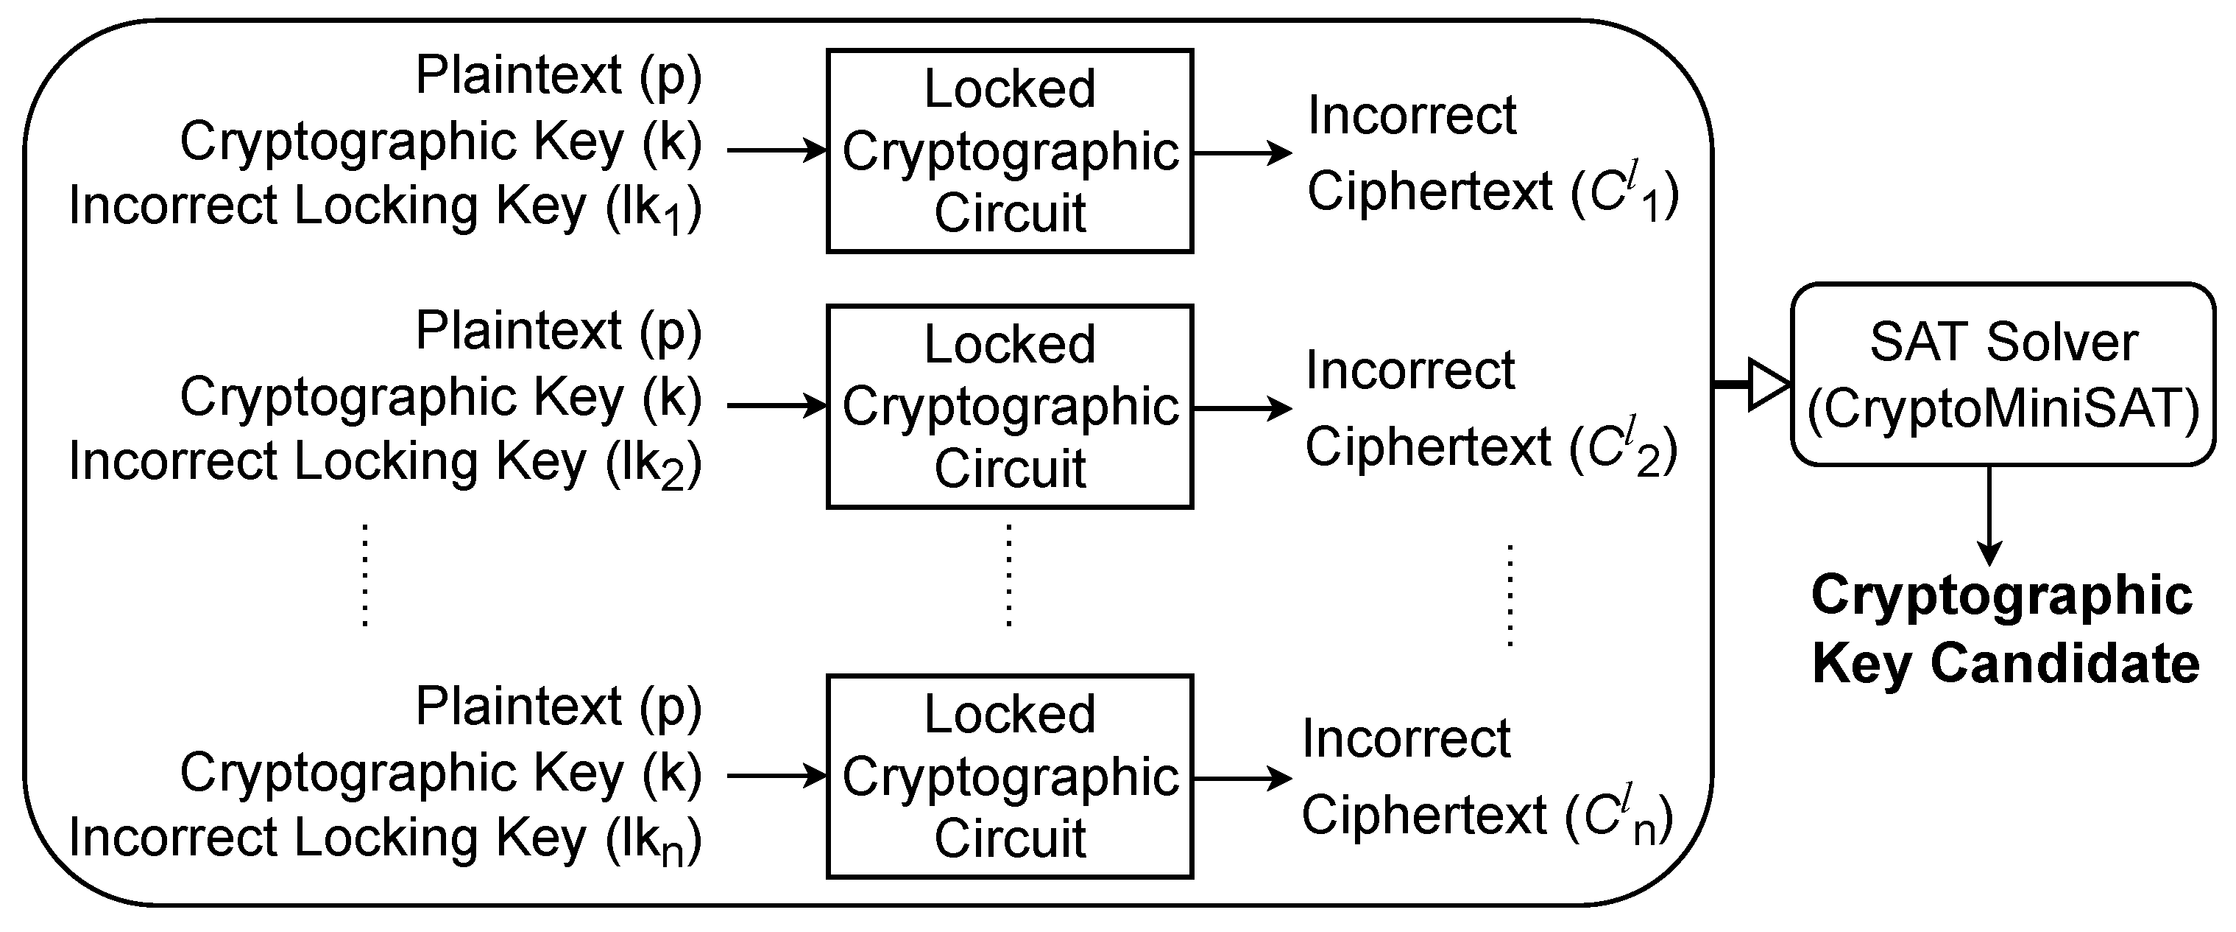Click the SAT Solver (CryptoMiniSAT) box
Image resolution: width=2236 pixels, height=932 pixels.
click(x=2003, y=374)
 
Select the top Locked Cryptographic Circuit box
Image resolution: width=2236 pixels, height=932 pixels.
click(x=1010, y=151)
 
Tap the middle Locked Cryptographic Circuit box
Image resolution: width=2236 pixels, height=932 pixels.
click(x=1010, y=407)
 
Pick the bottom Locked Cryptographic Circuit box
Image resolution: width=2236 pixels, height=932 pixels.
click(x=1010, y=777)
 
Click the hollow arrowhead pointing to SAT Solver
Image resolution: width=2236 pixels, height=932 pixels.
click(x=1767, y=383)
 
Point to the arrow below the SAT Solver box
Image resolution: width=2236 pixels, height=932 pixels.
click(x=1989, y=516)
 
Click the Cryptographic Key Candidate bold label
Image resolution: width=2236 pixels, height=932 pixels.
click(x=2004, y=630)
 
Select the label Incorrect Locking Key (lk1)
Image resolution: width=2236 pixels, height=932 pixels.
click(x=384, y=208)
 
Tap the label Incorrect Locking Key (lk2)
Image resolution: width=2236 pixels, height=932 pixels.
click(x=384, y=463)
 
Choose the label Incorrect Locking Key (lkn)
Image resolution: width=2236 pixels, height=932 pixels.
click(x=384, y=839)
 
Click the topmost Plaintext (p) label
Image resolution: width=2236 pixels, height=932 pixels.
click(x=558, y=76)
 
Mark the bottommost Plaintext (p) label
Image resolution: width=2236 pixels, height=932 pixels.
click(x=558, y=707)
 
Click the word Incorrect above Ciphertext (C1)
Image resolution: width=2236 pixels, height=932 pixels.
click(x=1412, y=116)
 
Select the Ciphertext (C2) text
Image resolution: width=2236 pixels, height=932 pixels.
click(x=1490, y=448)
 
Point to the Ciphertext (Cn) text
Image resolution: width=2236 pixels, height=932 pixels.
click(x=1487, y=816)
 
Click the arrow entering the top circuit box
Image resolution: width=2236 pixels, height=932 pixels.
click(x=777, y=150)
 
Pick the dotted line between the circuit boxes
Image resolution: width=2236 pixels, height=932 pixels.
click(x=1008, y=575)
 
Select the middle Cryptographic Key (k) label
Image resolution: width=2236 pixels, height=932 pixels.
click(x=440, y=399)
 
